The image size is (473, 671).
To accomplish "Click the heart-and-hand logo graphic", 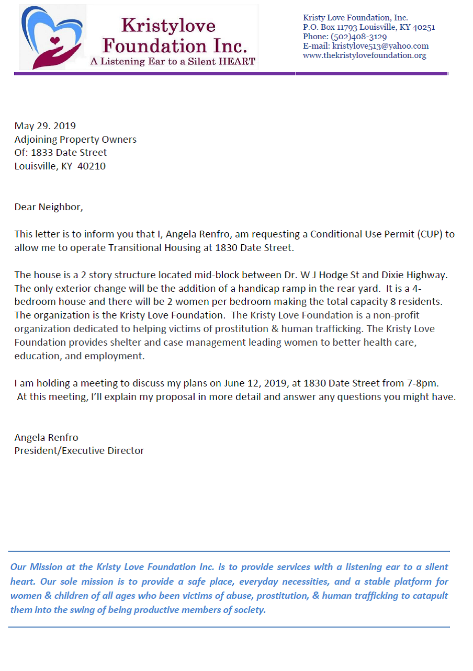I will [x=51, y=38].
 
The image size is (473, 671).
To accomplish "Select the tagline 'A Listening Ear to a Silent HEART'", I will [x=173, y=62].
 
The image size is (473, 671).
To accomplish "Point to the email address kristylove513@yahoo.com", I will [x=380, y=46].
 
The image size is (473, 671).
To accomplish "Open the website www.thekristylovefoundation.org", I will [x=364, y=55].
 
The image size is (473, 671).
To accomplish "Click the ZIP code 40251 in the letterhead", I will [x=423, y=27].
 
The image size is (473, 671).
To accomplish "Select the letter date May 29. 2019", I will [x=45, y=126].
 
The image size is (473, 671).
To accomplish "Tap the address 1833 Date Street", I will [x=69, y=153].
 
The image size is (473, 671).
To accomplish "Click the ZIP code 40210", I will [x=92, y=166].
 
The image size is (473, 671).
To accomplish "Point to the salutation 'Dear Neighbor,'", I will [x=49, y=207].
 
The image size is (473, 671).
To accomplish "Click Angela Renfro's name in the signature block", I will [x=46, y=437].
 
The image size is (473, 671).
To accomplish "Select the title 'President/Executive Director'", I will [x=79, y=450].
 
